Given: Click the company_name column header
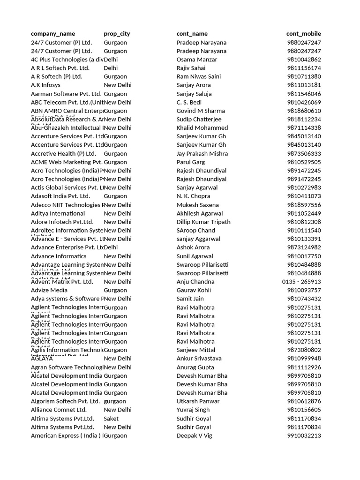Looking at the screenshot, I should coord(52,34).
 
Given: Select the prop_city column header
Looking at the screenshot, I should coord(117,34).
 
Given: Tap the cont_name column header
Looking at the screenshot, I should coord(192,34).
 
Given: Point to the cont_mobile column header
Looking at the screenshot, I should coord(304,34).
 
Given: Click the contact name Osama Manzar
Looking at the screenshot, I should coord(197,60).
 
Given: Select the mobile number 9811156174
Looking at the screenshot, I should coord(304,68).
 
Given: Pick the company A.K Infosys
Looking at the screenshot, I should coord(45,85).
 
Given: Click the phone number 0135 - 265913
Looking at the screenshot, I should coord(301,282).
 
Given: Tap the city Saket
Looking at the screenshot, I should coord(111,419).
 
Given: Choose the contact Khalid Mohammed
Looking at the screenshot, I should coord(202,127).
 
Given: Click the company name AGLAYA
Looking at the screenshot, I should coord(42,359).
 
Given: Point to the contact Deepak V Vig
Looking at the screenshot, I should coord(194,435).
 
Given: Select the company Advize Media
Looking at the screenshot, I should coord(49,290).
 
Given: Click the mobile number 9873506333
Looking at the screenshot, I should coord(304,153).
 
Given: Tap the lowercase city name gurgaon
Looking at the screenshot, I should coord(115,401).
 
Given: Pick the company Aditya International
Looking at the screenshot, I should coord(58,213).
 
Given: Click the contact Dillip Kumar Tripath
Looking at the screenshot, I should coord(203,222).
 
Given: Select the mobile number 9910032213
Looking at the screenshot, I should coord(304,435).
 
